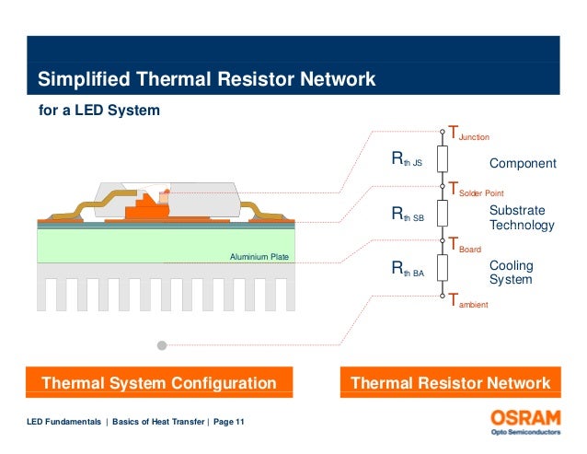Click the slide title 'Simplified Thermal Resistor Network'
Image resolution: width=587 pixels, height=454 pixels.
[x=206, y=80]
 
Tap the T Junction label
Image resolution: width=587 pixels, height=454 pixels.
[x=468, y=134]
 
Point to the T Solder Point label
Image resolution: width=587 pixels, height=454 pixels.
[x=479, y=190]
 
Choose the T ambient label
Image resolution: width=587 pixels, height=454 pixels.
[x=468, y=300]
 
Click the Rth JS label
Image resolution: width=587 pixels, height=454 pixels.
[x=407, y=162]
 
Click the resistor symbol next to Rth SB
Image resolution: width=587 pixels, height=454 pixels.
[x=443, y=213]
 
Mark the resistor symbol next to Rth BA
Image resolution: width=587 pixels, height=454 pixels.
[x=443, y=268]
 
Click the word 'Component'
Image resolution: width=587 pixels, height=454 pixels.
[x=522, y=164]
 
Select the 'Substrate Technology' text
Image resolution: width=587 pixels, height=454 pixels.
[x=522, y=218]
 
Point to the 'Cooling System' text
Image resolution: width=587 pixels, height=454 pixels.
[x=511, y=273]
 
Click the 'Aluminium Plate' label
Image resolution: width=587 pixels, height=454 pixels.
[x=259, y=256]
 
